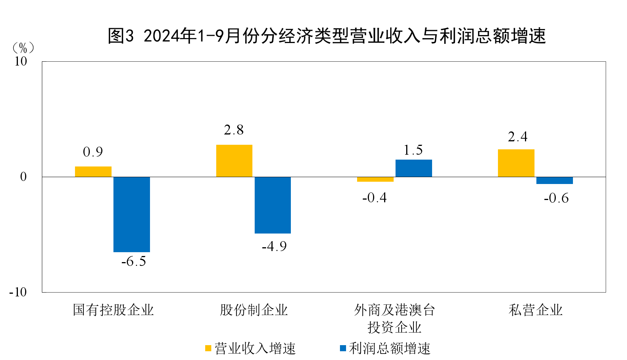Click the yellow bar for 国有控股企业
coord(93,172)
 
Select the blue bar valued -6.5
coord(132,214)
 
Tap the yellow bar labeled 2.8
coord(234,161)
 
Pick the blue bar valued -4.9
coord(273,205)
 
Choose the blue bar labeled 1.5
coord(414,168)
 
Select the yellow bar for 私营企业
coord(516,163)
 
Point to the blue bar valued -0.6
coord(555,181)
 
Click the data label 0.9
coord(93,152)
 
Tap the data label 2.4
coord(518,137)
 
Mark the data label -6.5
coord(134,261)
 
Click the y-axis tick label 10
coord(21,61)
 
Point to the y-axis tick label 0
coord(24,177)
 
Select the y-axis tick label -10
coord(18,293)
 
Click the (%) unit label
coord(23,48)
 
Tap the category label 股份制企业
coord(254,310)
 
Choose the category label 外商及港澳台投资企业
coord(394,318)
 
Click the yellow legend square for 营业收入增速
coord(208,348)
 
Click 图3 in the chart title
coord(121,36)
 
